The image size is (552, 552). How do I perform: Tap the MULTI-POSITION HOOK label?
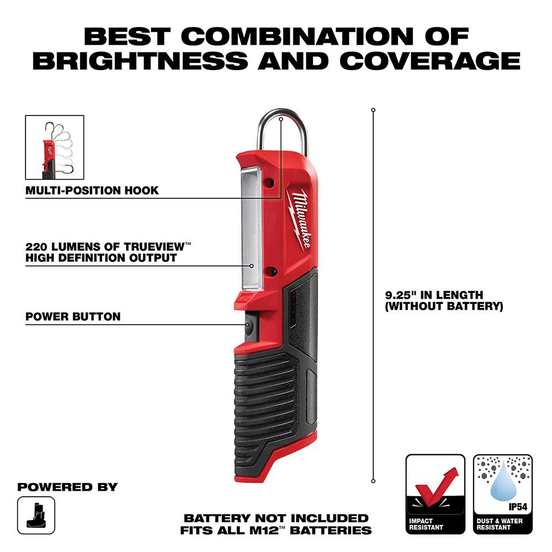(x=92, y=190)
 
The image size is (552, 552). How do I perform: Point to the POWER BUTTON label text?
(x=73, y=317)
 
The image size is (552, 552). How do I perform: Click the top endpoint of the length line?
(x=373, y=110)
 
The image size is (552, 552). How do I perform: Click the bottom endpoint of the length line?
(x=373, y=481)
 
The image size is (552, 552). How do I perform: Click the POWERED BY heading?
(x=67, y=487)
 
